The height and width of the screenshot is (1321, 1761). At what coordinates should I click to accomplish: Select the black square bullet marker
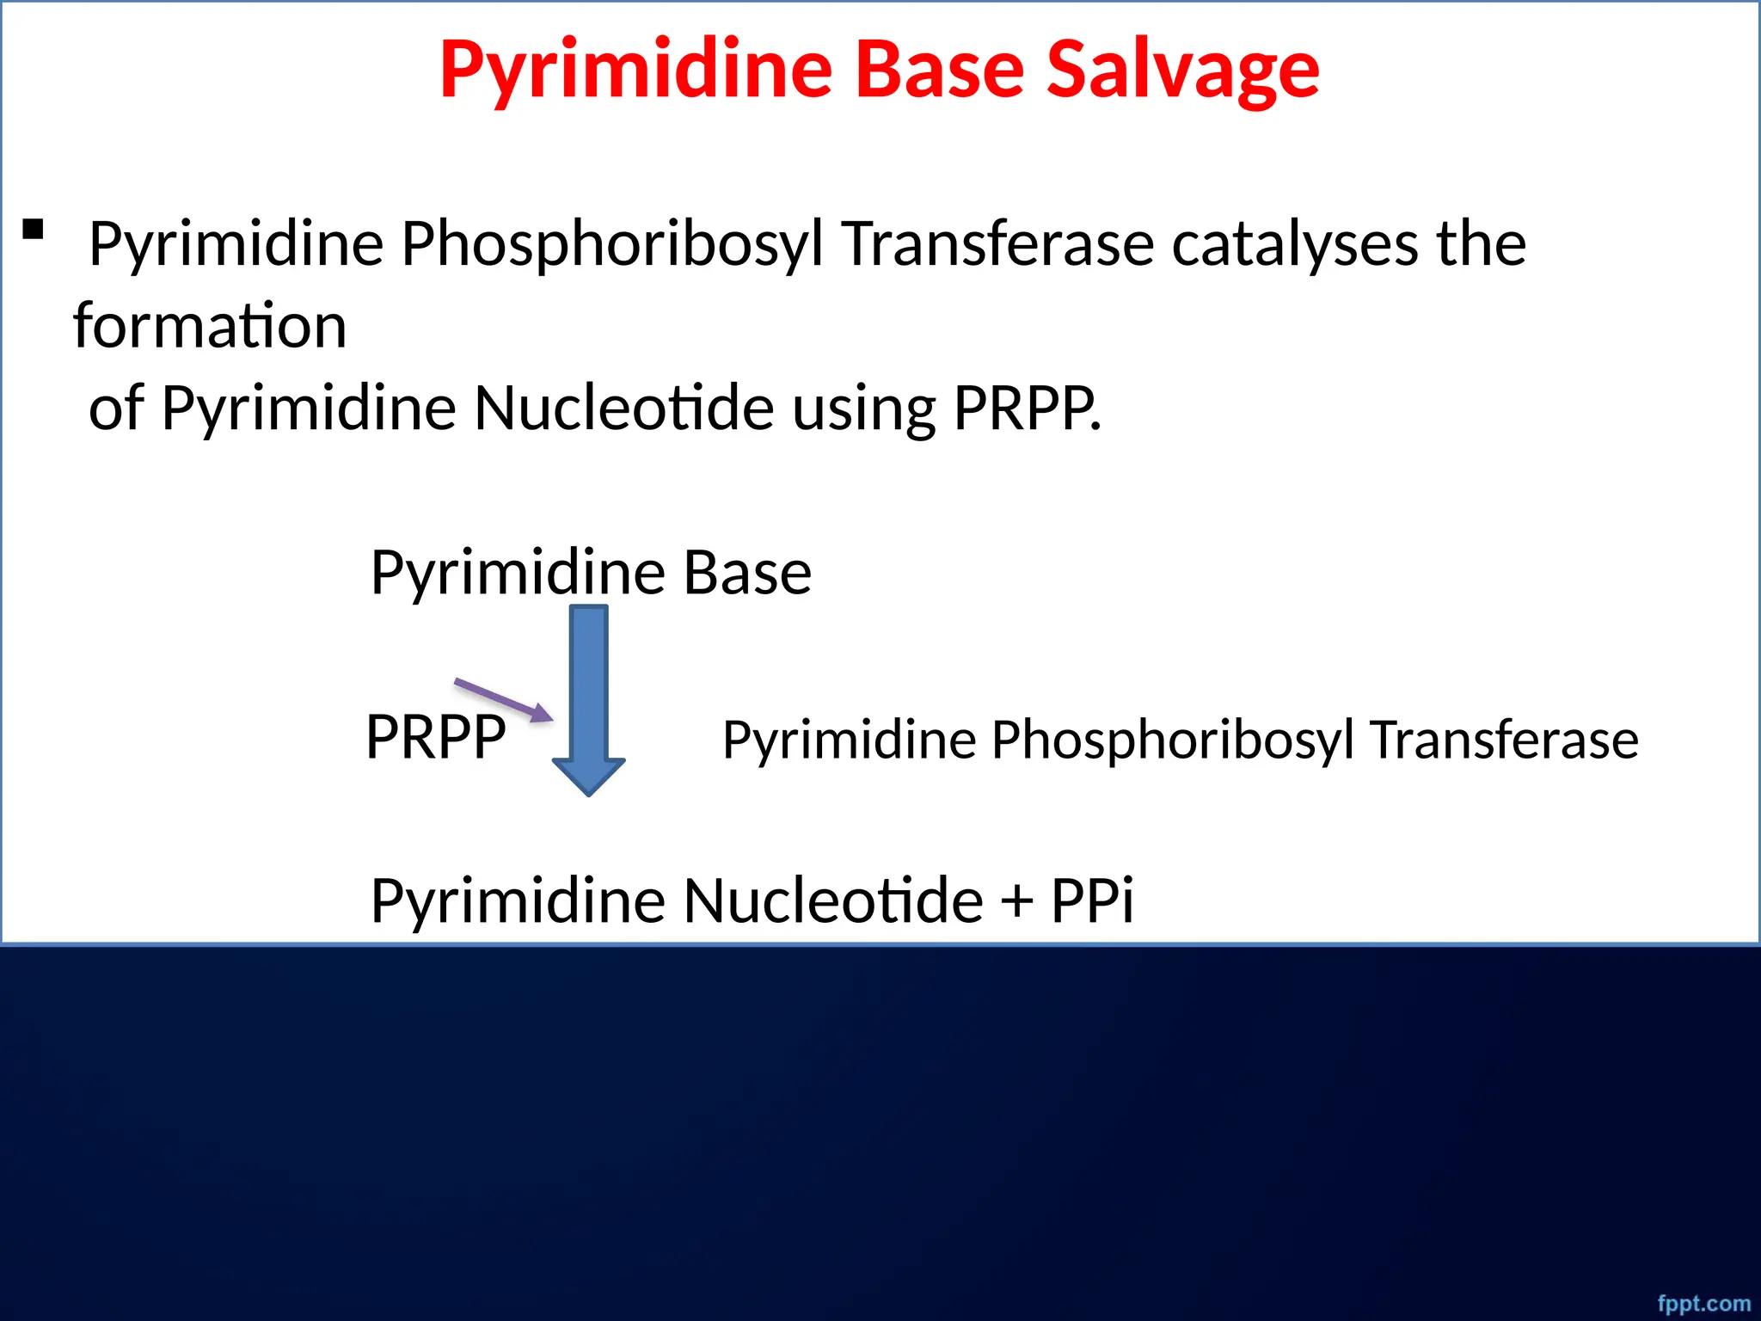coord(33,229)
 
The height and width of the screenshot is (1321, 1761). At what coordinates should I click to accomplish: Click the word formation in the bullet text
coord(210,326)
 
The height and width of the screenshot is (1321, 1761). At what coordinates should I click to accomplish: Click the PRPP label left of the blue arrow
coord(435,738)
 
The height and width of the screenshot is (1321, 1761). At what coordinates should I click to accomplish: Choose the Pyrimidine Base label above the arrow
coord(591,573)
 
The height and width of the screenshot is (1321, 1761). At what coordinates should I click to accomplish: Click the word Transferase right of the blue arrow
coord(1504,740)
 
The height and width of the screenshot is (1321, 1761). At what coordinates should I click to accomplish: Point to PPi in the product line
coord(1092,900)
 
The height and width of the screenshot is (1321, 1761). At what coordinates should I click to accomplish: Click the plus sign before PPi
coord(1016,901)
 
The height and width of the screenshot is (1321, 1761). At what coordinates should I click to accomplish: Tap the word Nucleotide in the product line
coord(833,900)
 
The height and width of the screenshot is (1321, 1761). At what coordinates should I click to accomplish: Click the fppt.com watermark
coord(1703,1304)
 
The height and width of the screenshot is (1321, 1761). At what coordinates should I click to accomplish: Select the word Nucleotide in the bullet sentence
coord(623,408)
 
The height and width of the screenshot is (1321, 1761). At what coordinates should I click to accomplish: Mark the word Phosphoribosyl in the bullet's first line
coord(612,244)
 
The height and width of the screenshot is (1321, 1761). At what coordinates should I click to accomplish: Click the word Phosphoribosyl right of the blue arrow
coord(1172,740)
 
